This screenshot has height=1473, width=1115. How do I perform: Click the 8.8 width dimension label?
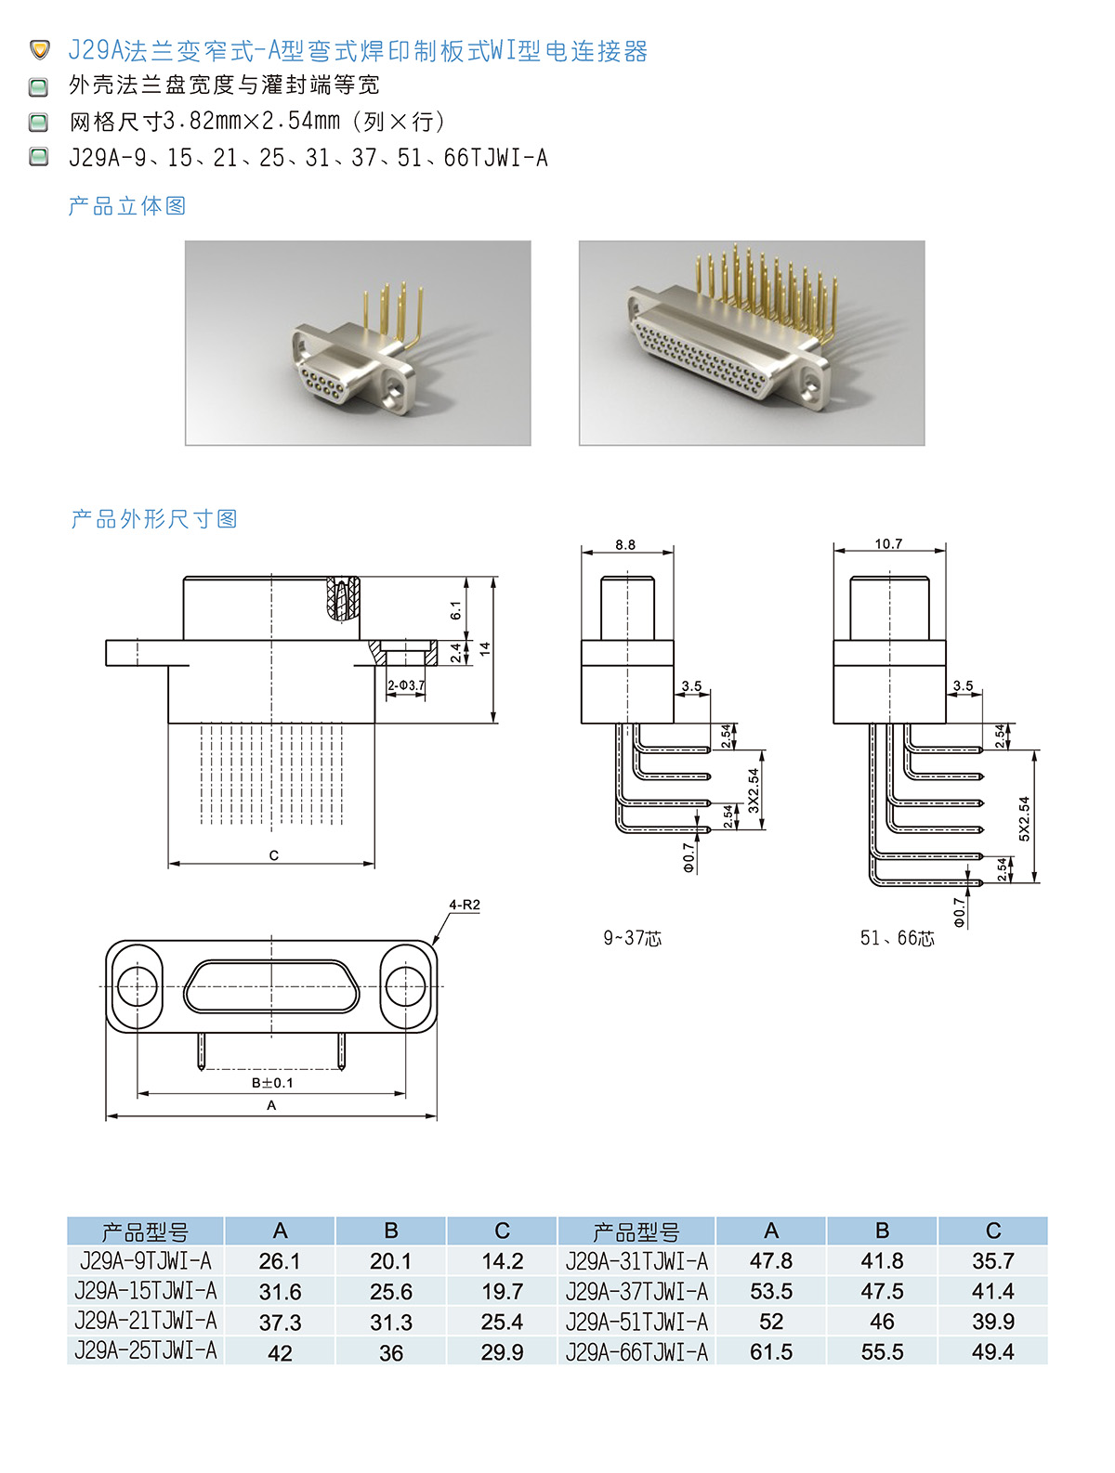pyautogui.click(x=624, y=544)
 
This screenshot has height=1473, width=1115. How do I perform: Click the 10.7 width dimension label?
pyautogui.click(x=888, y=543)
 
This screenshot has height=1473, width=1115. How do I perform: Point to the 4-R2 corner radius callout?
pyautogui.click(x=465, y=905)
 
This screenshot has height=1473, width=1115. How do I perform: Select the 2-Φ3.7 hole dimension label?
pyautogui.click(x=405, y=685)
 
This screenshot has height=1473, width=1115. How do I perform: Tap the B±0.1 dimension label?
pyautogui.click(x=272, y=1082)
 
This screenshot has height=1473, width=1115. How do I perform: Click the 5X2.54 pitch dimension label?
pyautogui.click(x=1024, y=819)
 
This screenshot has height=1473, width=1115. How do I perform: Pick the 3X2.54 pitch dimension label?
pyautogui.click(x=754, y=790)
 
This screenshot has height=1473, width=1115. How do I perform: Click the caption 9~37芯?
pyautogui.click(x=632, y=937)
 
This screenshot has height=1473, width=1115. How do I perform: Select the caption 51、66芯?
pyautogui.click(x=897, y=937)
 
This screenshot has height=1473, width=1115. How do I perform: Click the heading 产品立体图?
pyautogui.click(x=127, y=206)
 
